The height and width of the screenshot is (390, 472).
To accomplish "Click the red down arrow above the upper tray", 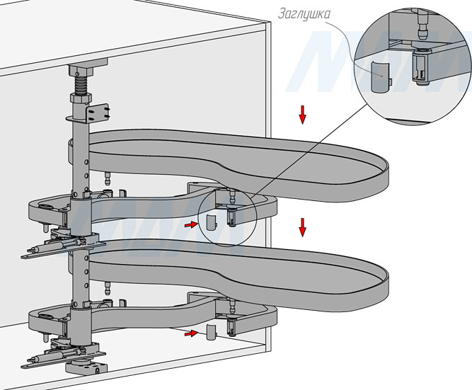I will coord(302,113).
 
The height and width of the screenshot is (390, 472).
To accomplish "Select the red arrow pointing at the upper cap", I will coord(190,224).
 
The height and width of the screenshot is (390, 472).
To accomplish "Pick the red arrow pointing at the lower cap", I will coord(190,332).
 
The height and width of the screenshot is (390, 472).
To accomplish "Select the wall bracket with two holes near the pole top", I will coord(99,112).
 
